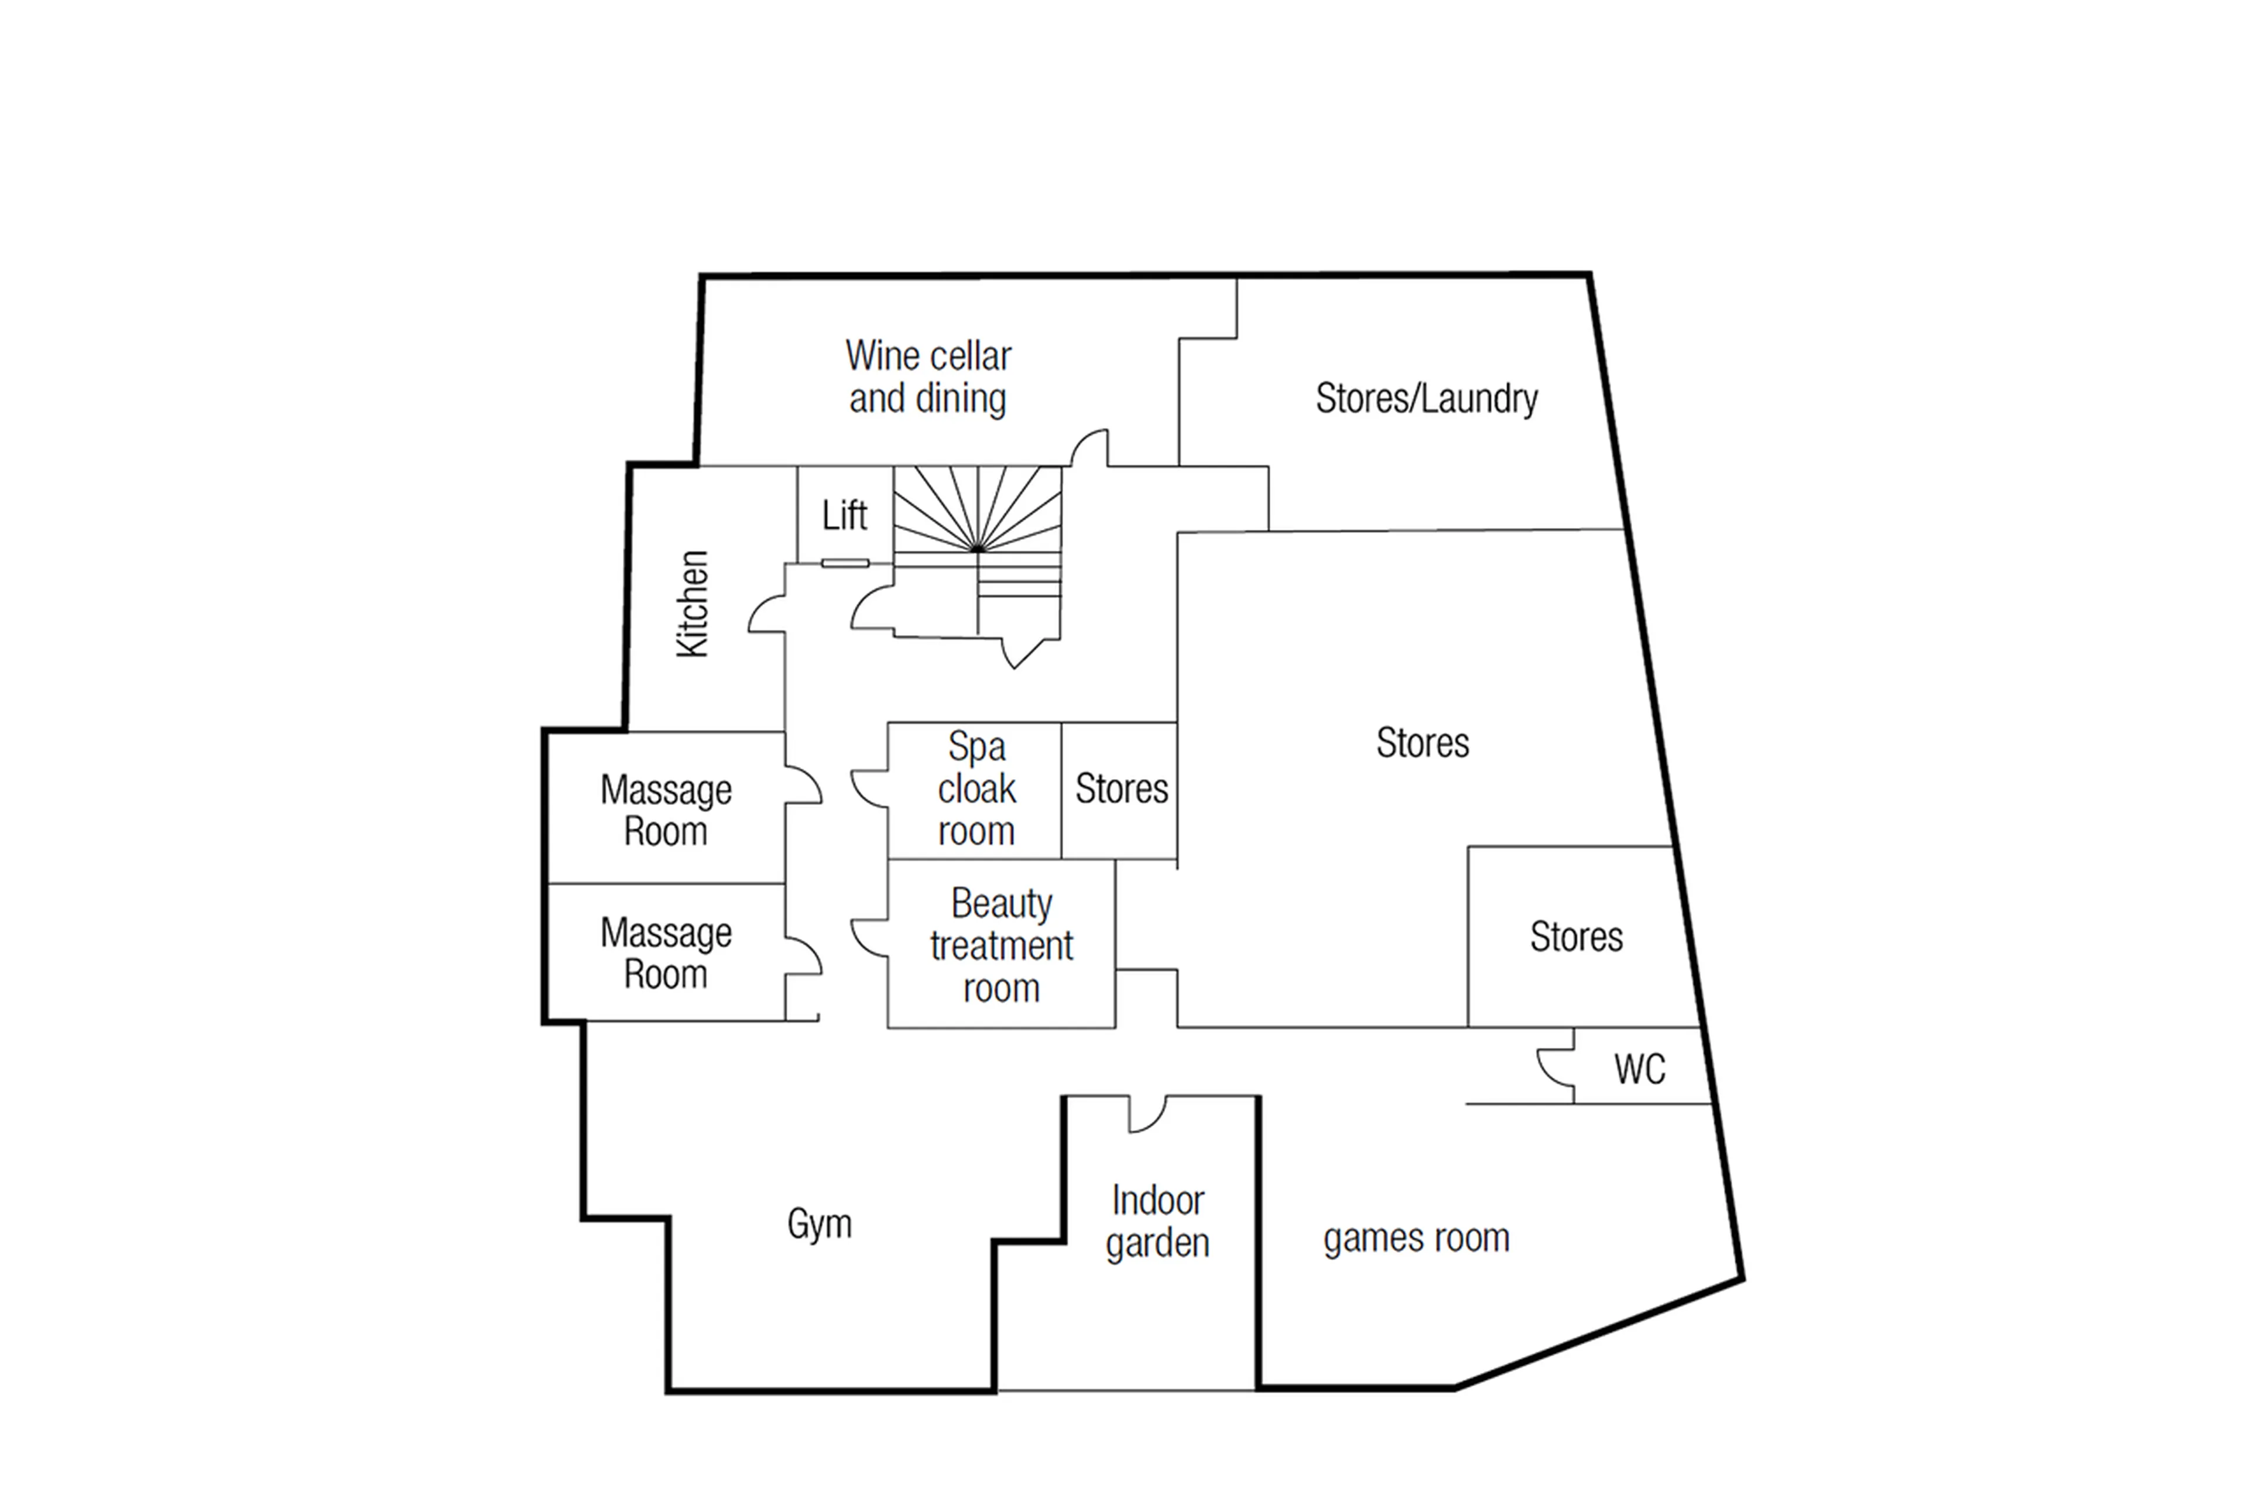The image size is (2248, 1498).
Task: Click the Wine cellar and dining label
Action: pos(928,378)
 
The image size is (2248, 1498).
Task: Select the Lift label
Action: pos(845,516)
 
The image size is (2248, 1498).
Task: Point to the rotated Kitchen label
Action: pos(693,604)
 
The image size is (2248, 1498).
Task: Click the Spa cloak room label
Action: pos(975,789)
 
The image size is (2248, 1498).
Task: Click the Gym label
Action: pos(819,1224)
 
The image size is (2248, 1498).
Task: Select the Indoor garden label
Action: pos(1157,1222)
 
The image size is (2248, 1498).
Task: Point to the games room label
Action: pos(1416,1238)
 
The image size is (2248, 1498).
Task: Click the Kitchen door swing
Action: pos(766,614)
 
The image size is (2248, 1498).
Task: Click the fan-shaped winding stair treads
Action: pos(977,511)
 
